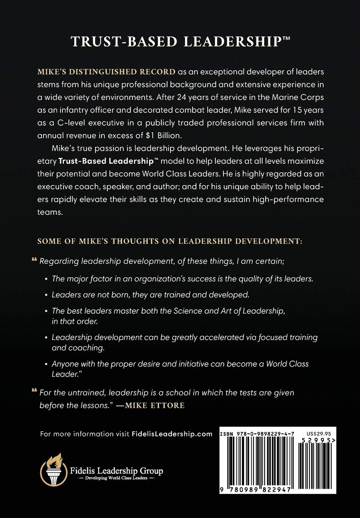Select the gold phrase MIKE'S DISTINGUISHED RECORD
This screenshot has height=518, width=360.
(x=107, y=72)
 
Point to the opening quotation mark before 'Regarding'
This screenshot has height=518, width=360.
(x=34, y=261)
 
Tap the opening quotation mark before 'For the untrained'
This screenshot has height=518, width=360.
(x=34, y=392)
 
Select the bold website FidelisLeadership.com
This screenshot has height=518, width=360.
(x=172, y=434)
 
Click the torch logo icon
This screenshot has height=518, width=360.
(x=54, y=469)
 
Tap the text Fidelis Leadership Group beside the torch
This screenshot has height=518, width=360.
(x=116, y=471)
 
